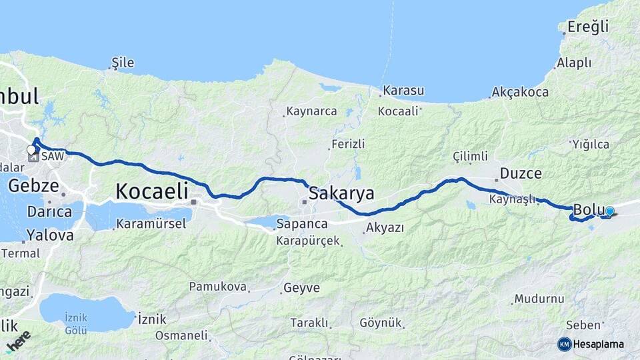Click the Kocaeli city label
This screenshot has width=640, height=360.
pos(152,191)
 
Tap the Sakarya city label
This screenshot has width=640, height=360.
pos(341,193)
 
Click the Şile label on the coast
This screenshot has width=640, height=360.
pos(123,63)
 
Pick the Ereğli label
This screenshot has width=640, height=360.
pos(588,27)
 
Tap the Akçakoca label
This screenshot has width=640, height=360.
pos(520,93)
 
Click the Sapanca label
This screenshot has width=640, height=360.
pos(302,223)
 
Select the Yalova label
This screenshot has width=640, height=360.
pos(50,235)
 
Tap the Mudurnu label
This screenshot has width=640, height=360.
pos(539,299)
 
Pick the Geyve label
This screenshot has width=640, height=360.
pos(301,288)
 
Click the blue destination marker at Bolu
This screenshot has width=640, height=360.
pos(609,211)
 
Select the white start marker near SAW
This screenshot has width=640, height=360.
pos(31,150)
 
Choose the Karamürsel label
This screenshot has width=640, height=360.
pos(153,223)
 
